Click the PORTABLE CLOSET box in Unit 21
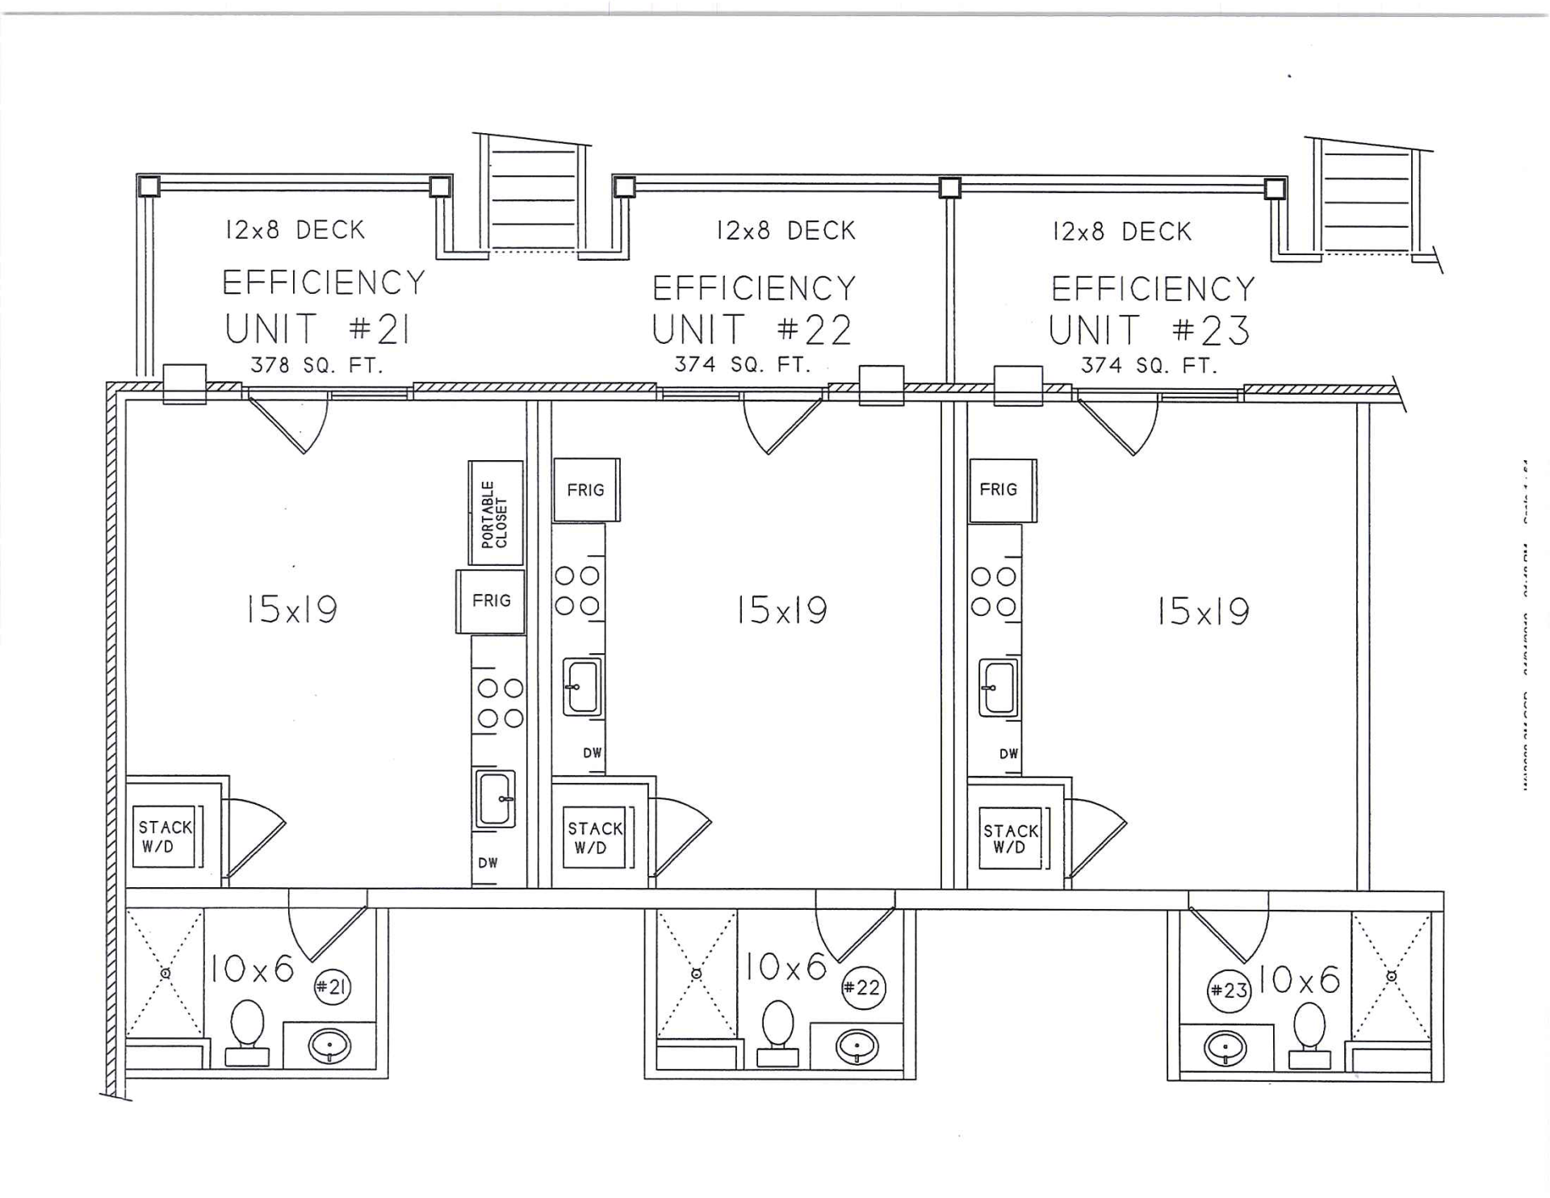pos(496,513)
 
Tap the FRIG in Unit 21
pos(491,601)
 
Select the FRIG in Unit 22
pos(585,490)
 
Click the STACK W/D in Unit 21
pos(165,836)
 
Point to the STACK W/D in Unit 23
pos(1010,839)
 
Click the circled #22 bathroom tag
pos(863,987)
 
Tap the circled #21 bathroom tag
pos(332,986)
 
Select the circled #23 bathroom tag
pos(1228,990)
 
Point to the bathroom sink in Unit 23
pos(1225,1049)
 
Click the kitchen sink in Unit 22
pos(582,688)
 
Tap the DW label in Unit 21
pos(488,863)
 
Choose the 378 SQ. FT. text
pos(316,366)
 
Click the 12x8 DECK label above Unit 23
pos(1121,232)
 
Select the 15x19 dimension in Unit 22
pos(781,610)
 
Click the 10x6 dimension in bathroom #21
pos(253,968)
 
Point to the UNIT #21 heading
pos(317,329)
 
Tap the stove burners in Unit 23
pos(994,591)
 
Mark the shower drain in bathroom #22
pos(697,974)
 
